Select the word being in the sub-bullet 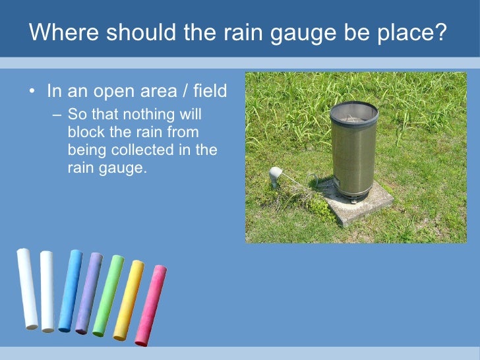[85, 150]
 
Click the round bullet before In [32, 90]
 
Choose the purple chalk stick [88, 292]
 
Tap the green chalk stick [107, 295]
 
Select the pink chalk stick [150, 305]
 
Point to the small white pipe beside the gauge [276, 175]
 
